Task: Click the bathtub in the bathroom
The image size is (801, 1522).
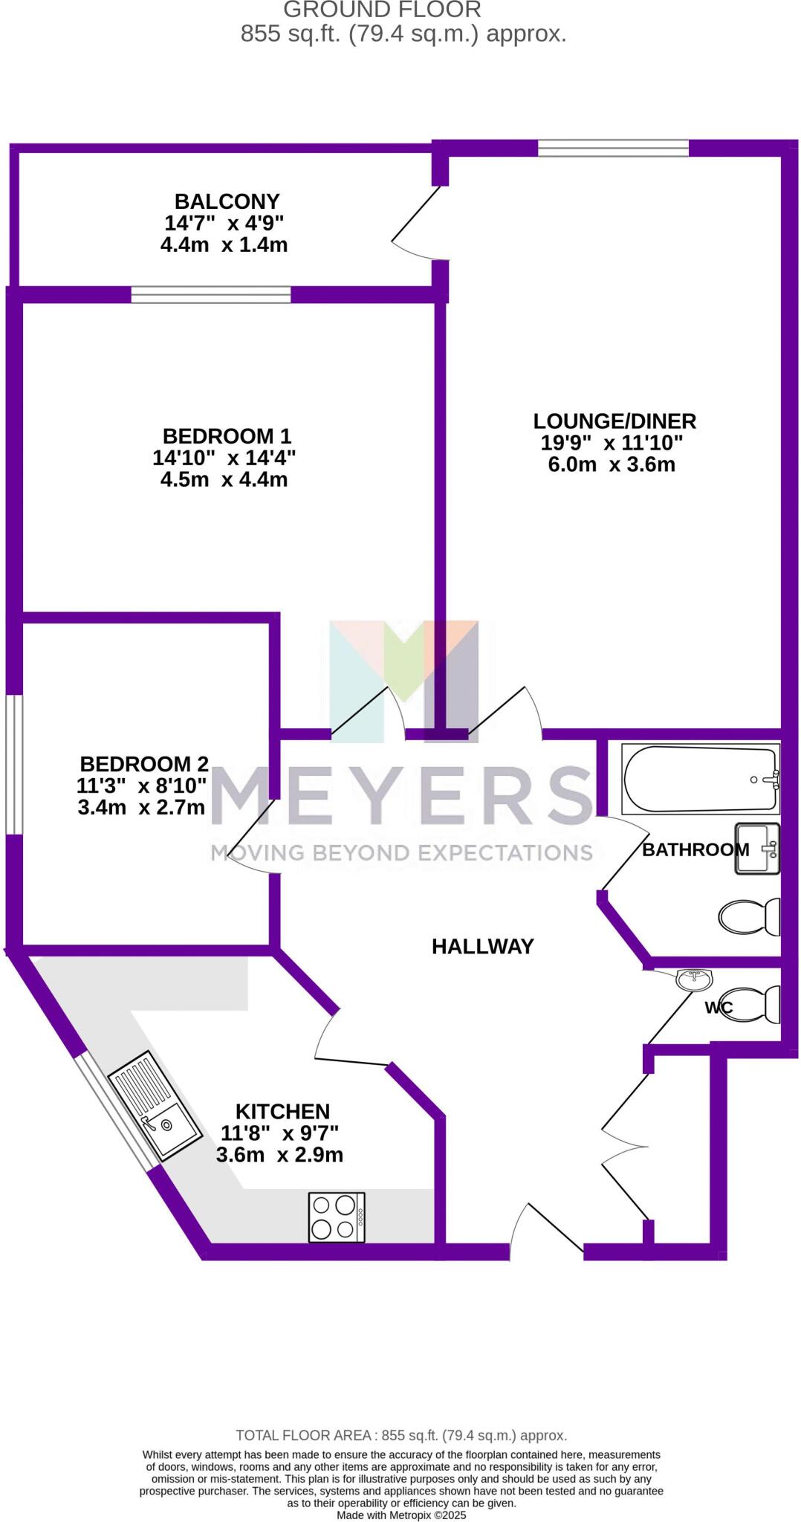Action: (x=701, y=780)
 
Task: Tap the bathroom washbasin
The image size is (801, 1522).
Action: (x=757, y=848)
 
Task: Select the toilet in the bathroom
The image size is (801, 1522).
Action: (x=749, y=916)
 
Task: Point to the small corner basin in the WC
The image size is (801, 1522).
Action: (x=694, y=979)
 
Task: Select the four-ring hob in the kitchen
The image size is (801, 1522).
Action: (x=337, y=1217)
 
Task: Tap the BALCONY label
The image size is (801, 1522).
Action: (x=227, y=201)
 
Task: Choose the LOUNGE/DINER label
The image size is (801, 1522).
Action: (x=614, y=421)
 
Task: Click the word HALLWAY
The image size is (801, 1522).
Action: (x=483, y=946)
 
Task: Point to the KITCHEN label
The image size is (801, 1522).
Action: (x=282, y=1112)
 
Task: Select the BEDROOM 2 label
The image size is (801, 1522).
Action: (x=144, y=763)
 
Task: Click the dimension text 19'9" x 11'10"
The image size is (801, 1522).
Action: (x=611, y=443)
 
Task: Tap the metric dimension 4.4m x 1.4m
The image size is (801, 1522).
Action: (x=224, y=245)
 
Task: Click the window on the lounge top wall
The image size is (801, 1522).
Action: (x=613, y=148)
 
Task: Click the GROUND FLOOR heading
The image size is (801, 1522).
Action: (x=382, y=10)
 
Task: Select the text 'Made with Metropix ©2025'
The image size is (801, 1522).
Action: (x=401, y=1515)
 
